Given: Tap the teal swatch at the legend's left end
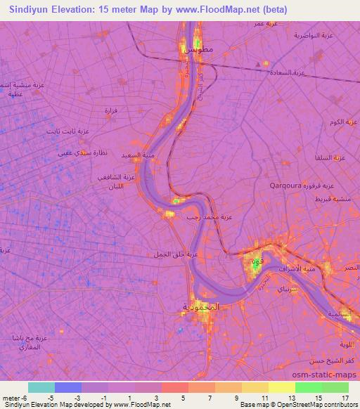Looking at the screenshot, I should coord(41,387).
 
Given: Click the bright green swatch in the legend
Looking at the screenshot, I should coord(308,387).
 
